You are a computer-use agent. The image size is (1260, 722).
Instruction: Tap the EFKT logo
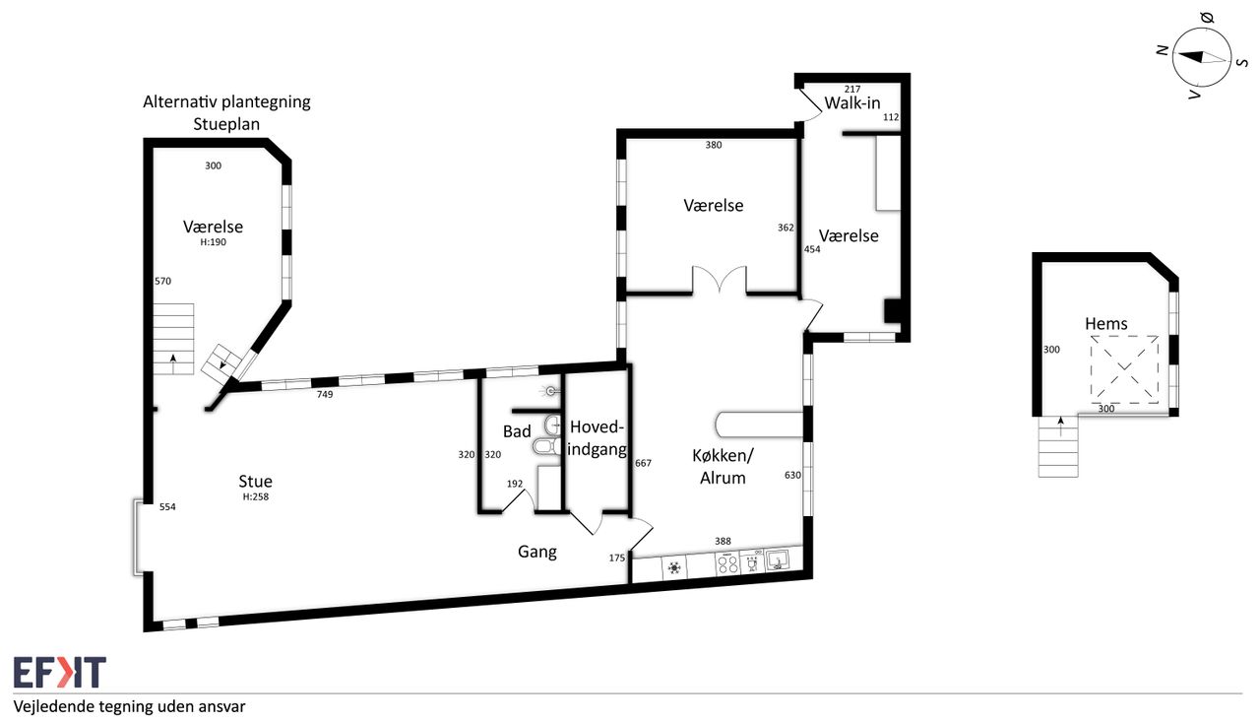coord(60,672)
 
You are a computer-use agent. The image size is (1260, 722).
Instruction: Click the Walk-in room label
coord(852,103)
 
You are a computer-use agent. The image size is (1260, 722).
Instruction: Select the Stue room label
coord(255,481)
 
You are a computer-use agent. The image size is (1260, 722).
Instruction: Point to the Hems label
coord(1105,324)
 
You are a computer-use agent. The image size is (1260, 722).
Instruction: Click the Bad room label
coord(517,431)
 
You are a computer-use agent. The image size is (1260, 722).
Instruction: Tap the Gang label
coord(537,552)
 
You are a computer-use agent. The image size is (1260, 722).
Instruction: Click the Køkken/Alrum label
coord(723,467)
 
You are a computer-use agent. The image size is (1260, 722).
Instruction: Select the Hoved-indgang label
coord(597,437)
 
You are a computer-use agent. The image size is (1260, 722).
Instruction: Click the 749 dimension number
coord(325,394)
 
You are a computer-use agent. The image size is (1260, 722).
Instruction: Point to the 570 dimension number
coord(162,282)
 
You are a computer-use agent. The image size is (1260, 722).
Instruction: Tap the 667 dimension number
coord(643,463)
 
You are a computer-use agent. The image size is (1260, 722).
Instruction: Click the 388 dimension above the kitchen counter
coord(723,542)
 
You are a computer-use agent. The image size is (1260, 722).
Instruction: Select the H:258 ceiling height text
coord(255,496)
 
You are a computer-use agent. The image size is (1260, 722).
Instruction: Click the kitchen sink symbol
coord(778,560)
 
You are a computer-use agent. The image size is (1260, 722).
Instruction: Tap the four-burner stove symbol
coord(726,563)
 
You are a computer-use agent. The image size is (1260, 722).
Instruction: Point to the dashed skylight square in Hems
coord(1124,369)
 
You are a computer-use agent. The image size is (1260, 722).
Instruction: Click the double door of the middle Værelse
coord(720,280)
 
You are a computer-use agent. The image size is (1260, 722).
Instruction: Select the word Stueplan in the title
coord(226,124)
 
